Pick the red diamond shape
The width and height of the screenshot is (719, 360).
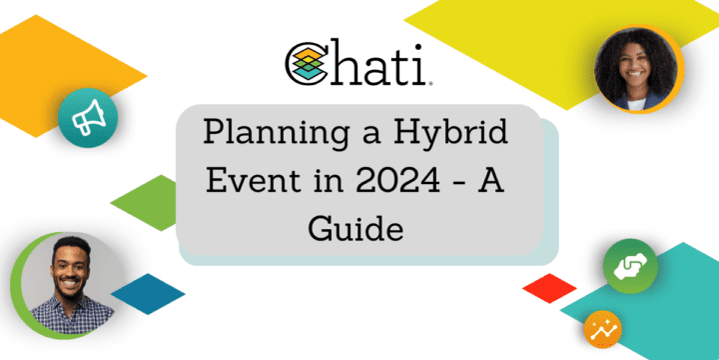549,288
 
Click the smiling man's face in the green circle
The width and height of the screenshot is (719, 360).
64,274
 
